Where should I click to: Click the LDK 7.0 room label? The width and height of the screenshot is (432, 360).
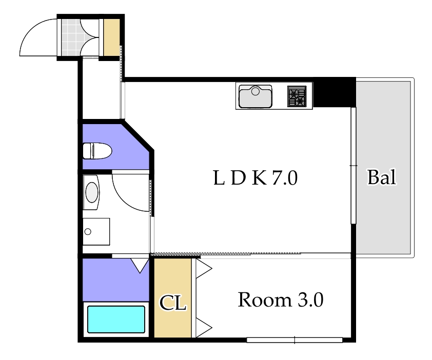point(256,178)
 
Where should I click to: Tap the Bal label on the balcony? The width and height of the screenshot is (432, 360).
point(382,177)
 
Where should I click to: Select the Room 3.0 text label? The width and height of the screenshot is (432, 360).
point(281,299)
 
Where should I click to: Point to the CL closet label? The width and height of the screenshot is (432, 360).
point(173,303)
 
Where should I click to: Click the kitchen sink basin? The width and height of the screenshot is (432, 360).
point(256,96)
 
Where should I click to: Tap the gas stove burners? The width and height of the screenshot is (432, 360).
point(297,96)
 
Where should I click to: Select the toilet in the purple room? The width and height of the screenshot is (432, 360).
point(97,151)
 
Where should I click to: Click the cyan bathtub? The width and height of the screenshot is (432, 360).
point(116,319)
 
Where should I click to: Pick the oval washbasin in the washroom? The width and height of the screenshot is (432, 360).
point(92,192)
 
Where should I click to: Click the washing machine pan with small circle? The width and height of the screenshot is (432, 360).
point(96,232)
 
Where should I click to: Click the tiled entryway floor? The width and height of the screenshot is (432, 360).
point(70,37)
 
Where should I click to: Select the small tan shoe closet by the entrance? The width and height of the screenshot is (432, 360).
point(111,37)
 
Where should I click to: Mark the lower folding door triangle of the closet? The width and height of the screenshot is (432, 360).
point(204,328)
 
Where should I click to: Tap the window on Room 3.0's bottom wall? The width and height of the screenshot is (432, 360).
point(294,340)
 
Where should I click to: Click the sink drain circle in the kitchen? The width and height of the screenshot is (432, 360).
point(256,91)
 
